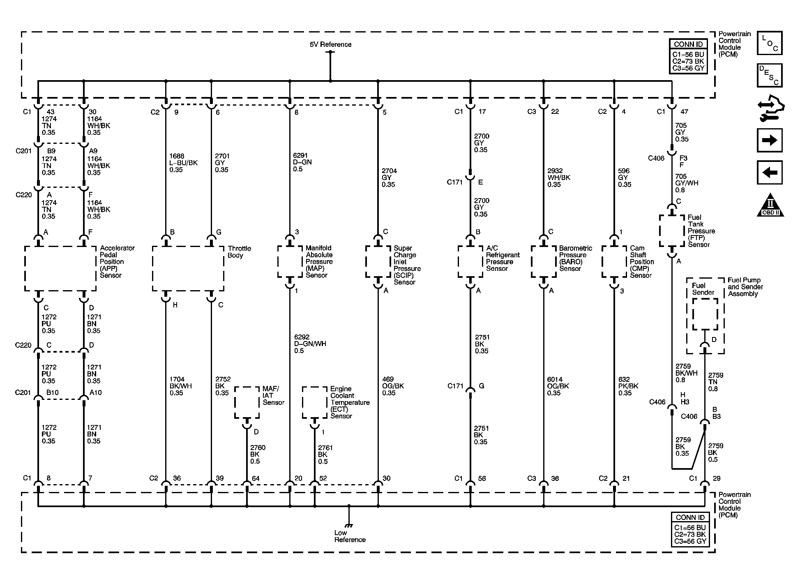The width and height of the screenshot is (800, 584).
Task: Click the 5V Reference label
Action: pos(330,44)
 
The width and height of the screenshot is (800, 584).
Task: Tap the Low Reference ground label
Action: pos(349,536)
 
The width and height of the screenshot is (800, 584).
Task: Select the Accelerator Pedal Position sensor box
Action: pos(60,269)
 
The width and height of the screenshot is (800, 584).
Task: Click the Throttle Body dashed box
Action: pos(188,269)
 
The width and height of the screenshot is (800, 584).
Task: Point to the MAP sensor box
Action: pos(290,261)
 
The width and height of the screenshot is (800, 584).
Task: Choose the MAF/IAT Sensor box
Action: pos(247,402)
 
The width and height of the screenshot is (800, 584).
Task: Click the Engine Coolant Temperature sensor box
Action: pos(315,402)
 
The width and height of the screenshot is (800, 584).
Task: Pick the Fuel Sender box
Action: pos(705,314)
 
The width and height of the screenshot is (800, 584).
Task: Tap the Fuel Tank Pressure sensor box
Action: pos(672,231)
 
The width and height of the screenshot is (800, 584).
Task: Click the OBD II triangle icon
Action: pos(770,205)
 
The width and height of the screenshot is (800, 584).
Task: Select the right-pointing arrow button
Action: pos(769,141)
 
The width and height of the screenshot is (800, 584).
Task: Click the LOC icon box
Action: pos(769,43)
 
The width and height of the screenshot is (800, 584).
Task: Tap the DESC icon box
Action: pos(769,75)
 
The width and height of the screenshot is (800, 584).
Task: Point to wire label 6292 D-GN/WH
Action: pos(310,344)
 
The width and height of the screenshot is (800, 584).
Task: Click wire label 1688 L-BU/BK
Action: pos(183,163)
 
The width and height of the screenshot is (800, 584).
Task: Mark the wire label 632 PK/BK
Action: pos(628,386)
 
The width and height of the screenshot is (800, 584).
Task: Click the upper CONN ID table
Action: pos(688,56)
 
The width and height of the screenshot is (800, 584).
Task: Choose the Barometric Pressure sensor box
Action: pos(544,261)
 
